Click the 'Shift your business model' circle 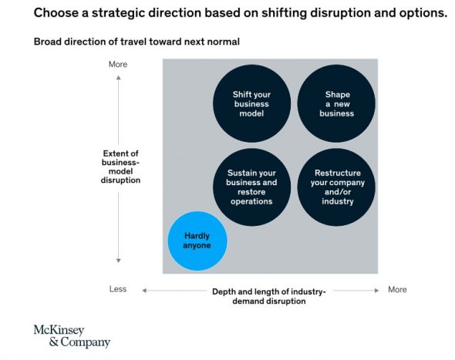click(251, 103)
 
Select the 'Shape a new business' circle click(336, 103)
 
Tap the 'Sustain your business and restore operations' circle click(251, 187)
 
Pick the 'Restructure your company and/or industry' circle click(336, 187)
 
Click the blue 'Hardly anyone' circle click(197, 241)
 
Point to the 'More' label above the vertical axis click(118, 64)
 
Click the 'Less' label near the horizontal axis click(118, 289)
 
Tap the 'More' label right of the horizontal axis click(397, 290)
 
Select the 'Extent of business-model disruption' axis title click(120, 167)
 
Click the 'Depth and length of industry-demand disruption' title click(269, 296)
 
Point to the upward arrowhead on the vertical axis click(119, 78)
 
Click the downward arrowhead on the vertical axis click(119, 261)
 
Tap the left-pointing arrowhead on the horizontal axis click(144, 291)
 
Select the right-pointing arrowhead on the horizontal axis click(376, 291)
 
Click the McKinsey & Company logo click(72, 336)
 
